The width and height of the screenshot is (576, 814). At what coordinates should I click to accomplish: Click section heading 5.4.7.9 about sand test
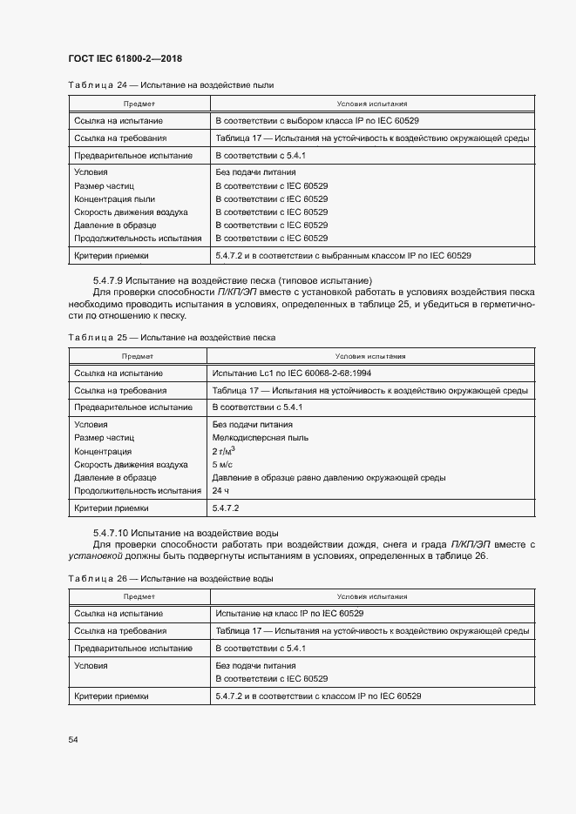pyautogui.click(x=232, y=279)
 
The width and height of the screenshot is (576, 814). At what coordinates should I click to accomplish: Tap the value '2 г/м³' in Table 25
pyautogui.click(x=224, y=451)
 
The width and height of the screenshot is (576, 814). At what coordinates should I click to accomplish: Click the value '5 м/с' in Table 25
pyautogui.click(x=221, y=465)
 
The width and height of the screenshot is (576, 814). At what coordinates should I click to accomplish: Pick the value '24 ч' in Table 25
pyautogui.click(x=220, y=491)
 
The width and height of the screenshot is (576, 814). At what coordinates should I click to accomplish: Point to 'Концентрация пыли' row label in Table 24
pyautogui.click(x=114, y=198)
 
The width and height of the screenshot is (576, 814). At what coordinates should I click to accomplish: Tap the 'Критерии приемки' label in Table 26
pyautogui.click(x=112, y=696)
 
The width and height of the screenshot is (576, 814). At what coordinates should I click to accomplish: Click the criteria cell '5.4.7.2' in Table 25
pyautogui.click(x=227, y=508)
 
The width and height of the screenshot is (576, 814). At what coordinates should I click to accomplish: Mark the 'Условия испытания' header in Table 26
pyautogui.click(x=370, y=596)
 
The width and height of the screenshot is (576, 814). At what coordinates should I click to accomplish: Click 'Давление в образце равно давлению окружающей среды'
pyautogui.click(x=329, y=478)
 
